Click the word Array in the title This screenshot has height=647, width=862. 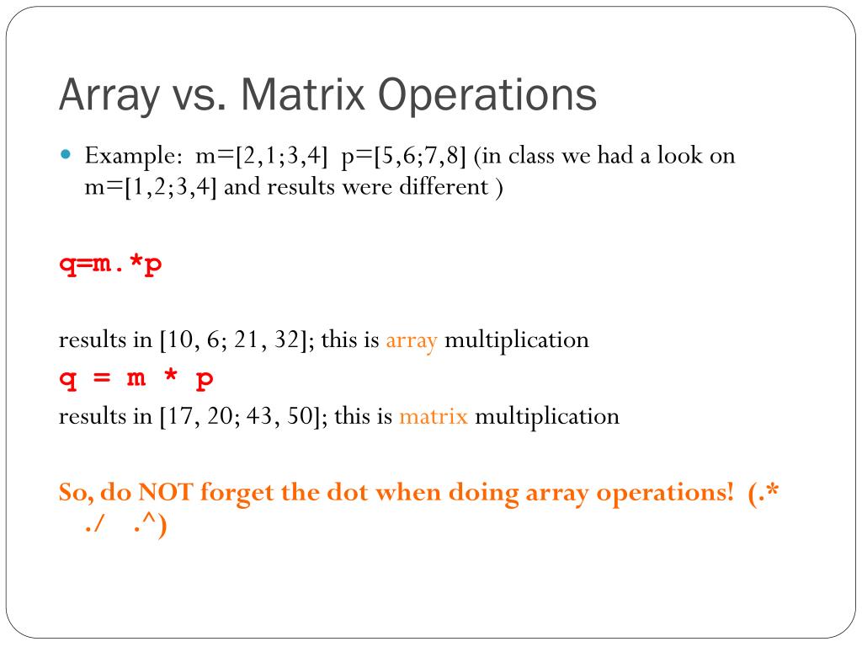pos(108,96)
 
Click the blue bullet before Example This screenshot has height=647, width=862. pos(68,156)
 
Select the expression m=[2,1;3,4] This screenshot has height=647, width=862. pos(262,157)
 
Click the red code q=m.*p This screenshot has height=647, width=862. pos(110,265)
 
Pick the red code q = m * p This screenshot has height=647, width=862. pos(136,378)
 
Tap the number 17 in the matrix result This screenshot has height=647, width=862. pos(181,416)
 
